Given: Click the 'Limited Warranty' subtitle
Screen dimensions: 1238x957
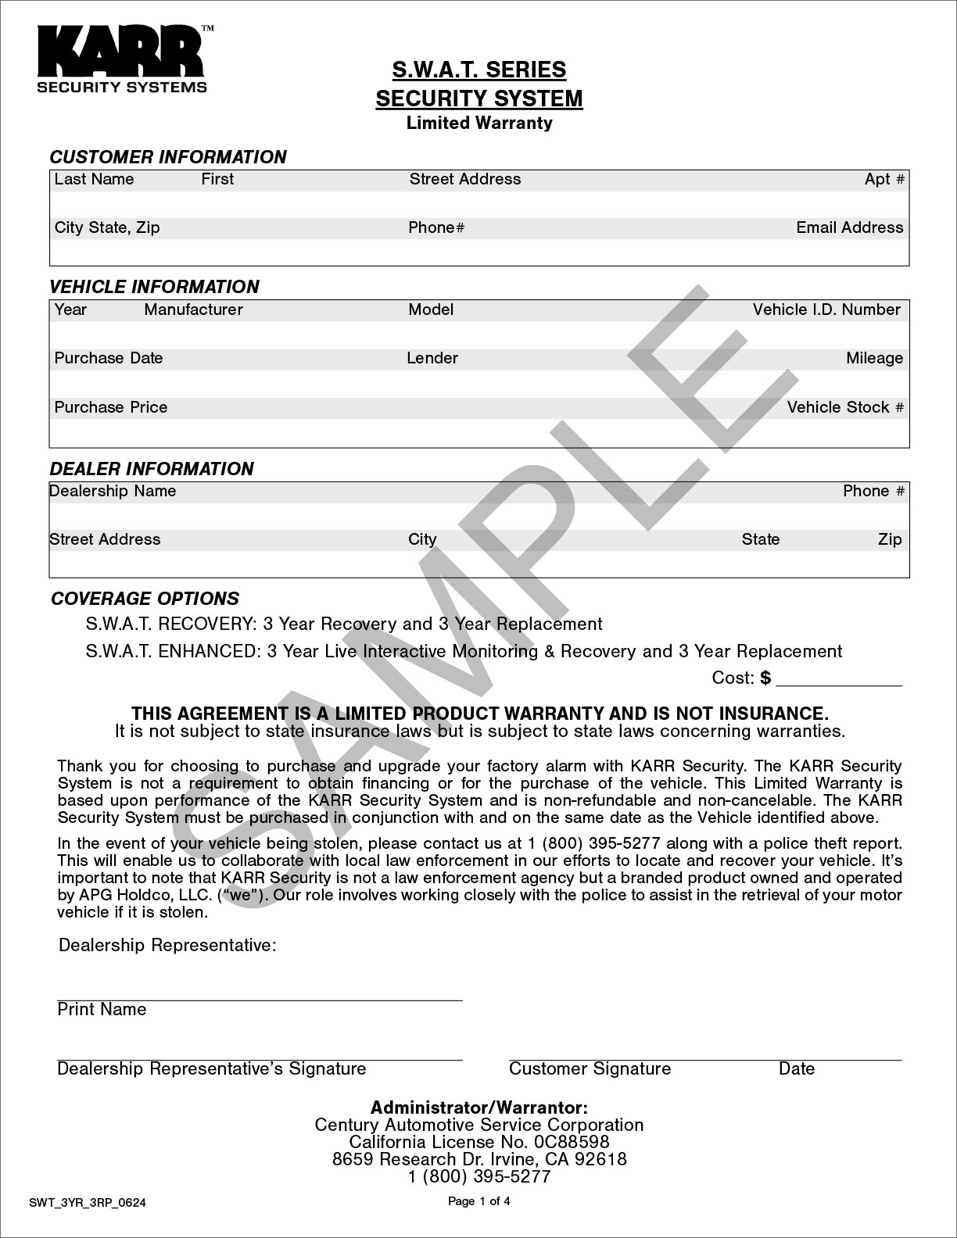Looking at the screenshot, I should click(x=478, y=123).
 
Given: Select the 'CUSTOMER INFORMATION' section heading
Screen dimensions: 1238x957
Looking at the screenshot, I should click(x=168, y=157).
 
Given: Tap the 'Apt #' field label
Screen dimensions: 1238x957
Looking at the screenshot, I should click(x=884, y=179).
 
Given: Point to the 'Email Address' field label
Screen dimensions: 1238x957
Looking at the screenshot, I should click(x=849, y=227).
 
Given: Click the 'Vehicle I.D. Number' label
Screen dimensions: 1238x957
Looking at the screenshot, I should click(x=826, y=309).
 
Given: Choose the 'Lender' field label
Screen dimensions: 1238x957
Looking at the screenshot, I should click(x=432, y=358).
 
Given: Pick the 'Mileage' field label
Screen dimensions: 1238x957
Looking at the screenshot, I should click(x=874, y=358).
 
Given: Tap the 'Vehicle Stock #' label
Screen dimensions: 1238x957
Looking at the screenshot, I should click(x=845, y=407).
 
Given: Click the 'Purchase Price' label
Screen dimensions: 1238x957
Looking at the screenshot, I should click(x=111, y=407).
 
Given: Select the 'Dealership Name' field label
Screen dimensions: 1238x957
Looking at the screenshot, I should click(x=113, y=491).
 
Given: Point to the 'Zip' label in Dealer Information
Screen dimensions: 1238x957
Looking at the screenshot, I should click(x=890, y=539).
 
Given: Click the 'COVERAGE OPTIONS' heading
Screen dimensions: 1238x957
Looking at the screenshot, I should click(x=145, y=599).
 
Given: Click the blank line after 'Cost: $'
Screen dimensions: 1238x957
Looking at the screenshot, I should click(x=839, y=679).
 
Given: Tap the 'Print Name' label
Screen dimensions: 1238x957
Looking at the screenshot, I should click(x=102, y=1010).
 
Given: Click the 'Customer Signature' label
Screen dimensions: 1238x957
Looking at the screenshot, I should click(x=590, y=1068).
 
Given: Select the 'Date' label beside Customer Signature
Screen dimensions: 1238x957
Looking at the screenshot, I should click(x=797, y=1068).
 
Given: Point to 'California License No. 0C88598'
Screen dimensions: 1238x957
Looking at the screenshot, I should click(x=478, y=1142).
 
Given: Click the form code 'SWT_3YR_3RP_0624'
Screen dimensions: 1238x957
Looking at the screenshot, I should click(x=88, y=1203).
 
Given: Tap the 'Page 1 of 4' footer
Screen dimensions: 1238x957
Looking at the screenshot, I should click(x=478, y=1201).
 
